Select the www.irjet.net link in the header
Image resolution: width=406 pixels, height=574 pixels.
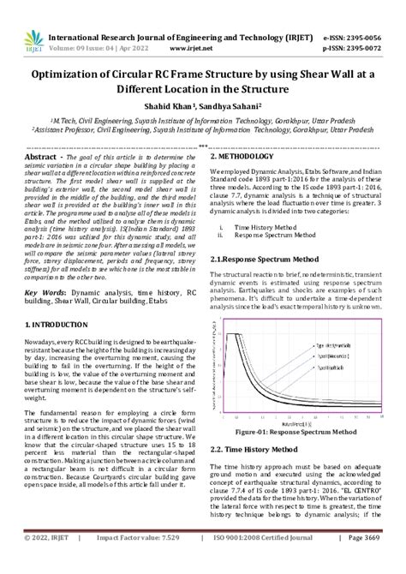199,25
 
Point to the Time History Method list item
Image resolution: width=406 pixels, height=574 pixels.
261,227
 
